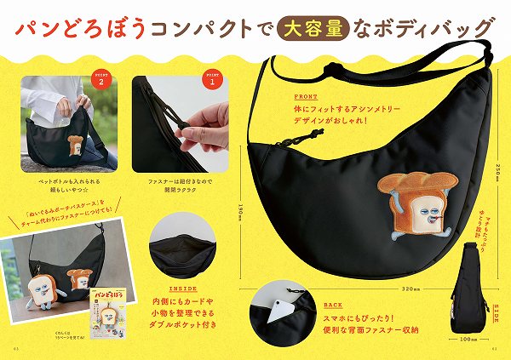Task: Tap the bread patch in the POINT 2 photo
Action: coord(75,146)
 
